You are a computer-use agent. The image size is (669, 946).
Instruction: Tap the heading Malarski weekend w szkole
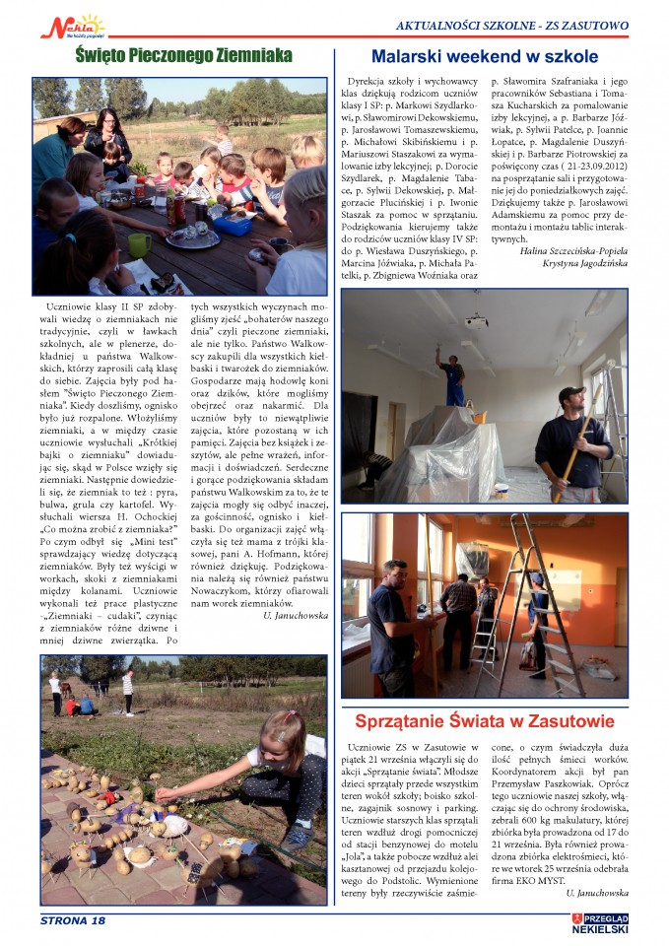[484, 56]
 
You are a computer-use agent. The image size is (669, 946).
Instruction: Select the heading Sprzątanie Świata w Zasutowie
[484, 720]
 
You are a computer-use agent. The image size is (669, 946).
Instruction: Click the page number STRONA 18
[73, 920]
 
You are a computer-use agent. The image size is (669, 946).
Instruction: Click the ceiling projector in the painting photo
[475, 320]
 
